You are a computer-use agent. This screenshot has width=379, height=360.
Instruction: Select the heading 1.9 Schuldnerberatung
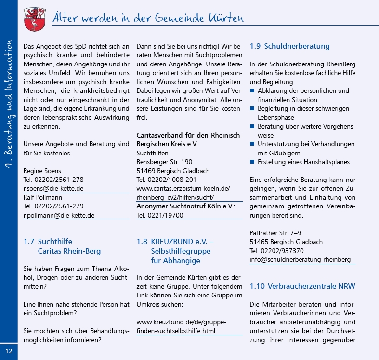pos(289,46)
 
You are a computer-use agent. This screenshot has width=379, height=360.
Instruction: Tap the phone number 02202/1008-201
pos(170,180)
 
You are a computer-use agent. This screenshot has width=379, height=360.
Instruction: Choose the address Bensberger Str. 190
pos(164,162)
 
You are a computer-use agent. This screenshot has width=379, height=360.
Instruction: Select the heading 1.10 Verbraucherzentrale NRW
pos(302,286)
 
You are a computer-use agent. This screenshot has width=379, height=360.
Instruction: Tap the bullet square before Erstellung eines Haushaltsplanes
pos(252,162)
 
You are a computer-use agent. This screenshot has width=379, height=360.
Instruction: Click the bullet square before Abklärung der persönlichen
pos(252,91)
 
